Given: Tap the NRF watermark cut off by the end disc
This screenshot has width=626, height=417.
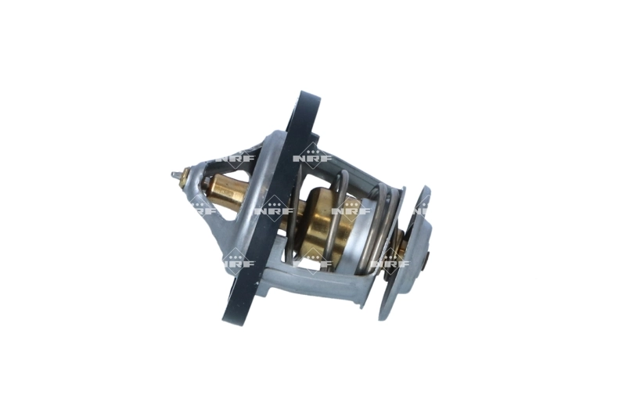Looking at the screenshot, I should [x=420, y=209].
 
